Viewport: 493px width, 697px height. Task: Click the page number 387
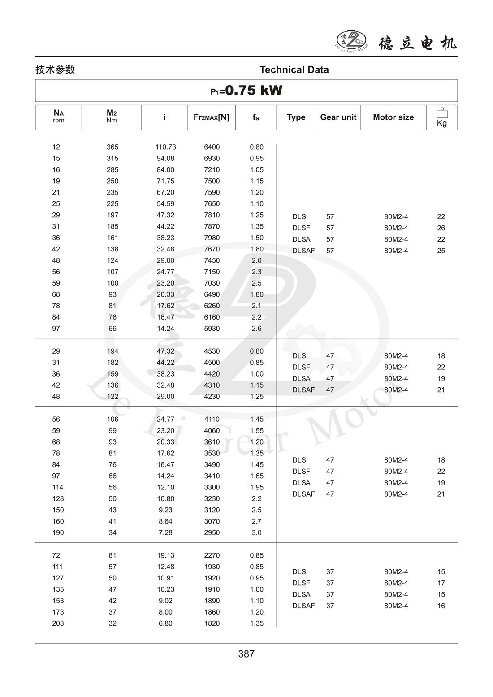pos(246,654)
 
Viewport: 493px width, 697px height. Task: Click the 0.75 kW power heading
pos(246,91)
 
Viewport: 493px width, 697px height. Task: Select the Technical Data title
pos(294,70)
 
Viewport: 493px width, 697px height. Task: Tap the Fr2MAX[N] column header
pos(211,117)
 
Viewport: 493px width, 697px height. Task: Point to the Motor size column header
pos(393,117)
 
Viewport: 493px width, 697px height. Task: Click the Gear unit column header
pos(338,117)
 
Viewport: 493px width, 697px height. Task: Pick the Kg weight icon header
pos(442,117)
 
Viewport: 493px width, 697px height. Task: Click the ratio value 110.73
pos(165,147)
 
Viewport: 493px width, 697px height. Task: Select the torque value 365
pos(112,147)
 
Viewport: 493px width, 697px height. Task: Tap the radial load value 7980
pos(212,238)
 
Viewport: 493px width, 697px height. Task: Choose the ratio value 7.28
pos(165,532)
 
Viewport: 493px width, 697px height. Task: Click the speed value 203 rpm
pos(58,623)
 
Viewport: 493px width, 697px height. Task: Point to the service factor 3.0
pos(256,532)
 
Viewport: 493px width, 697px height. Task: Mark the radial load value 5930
pos(212,329)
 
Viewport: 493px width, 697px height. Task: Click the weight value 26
pos(441,228)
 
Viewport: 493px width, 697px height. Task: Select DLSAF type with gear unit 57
pos(303,251)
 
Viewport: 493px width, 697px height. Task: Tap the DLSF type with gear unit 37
pos(301,583)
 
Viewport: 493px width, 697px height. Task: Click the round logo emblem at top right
pos(351,40)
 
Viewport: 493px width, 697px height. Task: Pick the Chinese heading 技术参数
pos(55,70)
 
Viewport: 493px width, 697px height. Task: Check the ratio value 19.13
pos(165,555)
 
